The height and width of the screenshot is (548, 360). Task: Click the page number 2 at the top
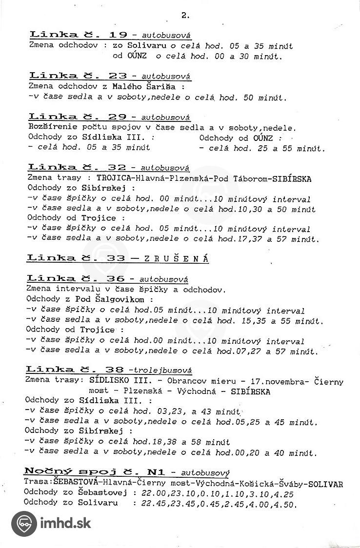coord(185,15)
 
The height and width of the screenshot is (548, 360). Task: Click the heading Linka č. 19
coord(79,35)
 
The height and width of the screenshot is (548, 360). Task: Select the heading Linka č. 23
coord(78,76)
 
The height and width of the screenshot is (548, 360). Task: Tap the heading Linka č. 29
coord(78,117)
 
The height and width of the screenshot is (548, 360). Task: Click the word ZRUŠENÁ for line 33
coord(177,259)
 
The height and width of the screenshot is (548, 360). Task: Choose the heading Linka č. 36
coord(77,279)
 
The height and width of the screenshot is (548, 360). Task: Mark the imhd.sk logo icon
coord(23,524)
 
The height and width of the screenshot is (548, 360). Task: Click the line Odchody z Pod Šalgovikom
coord(89,299)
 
